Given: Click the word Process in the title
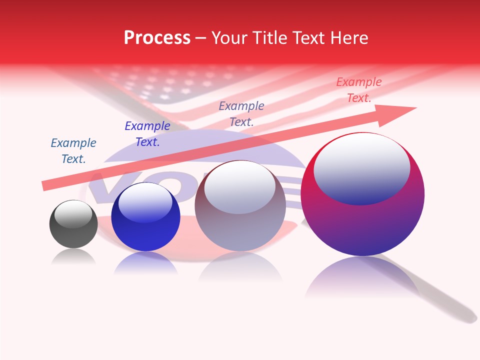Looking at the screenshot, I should pos(157,38).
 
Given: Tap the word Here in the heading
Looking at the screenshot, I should pos(348,38).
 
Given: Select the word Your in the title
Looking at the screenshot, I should pos(228,38).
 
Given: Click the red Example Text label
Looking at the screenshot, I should pos(358,90).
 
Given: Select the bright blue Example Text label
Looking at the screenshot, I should pos(147,134).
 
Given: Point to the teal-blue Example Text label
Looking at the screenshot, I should pos(73,151).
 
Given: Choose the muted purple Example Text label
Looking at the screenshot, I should pos(241,113).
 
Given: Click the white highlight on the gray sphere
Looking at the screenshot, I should pos(73,213).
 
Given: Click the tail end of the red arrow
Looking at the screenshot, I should pos(46,186).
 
